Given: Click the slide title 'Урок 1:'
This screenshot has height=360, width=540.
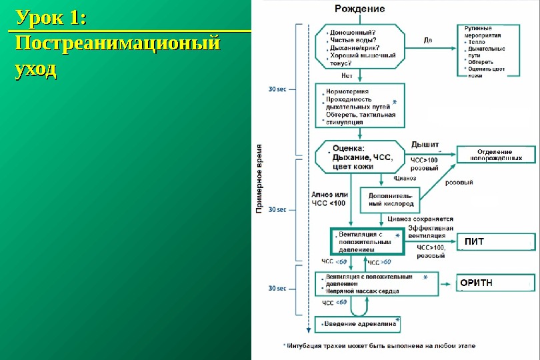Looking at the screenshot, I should click(x=51, y=18).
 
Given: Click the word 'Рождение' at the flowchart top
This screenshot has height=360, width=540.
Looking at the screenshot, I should click(x=359, y=9).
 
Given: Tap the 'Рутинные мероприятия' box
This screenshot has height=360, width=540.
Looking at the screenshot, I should click(x=494, y=51).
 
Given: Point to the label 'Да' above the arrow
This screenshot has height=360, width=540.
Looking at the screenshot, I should click(x=427, y=40).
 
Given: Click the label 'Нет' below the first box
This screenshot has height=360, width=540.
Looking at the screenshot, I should click(x=346, y=75).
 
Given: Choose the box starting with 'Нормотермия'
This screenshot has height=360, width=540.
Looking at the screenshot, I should click(x=361, y=105).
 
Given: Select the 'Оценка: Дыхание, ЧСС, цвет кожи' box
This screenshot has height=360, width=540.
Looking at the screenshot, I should click(x=361, y=157).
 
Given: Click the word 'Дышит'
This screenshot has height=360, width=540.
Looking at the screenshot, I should click(x=425, y=145).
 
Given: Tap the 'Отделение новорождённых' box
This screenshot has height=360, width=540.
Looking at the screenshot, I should click(x=495, y=155).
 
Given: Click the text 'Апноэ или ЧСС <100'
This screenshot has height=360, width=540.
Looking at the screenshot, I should click(x=329, y=199).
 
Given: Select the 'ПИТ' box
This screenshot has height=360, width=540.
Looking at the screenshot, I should click(x=495, y=241).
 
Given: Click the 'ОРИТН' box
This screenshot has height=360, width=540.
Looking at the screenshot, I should click(x=495, y=283).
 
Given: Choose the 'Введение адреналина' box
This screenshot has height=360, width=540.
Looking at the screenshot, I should click(x=358, y=325).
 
